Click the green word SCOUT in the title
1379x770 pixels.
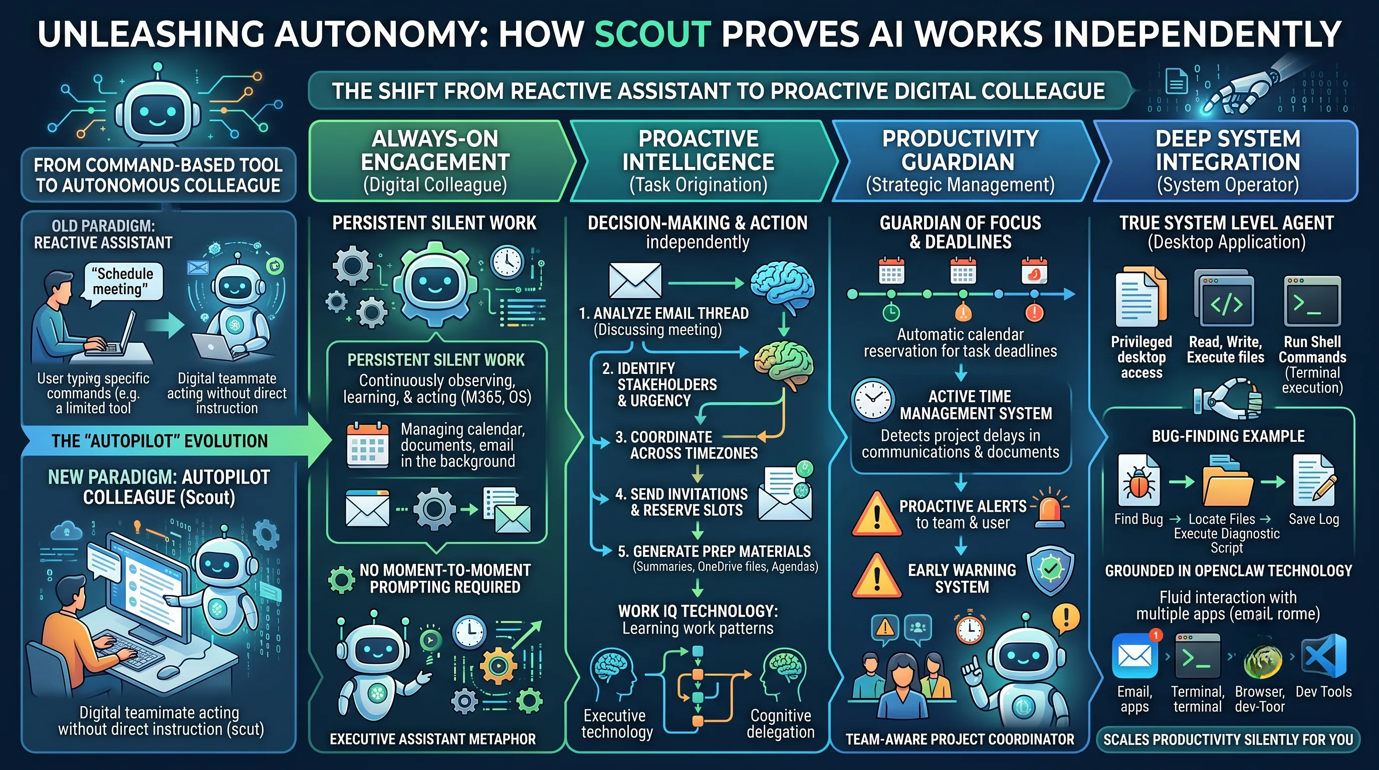click(652, 34)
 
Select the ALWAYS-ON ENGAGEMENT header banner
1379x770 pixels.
click(438, 160)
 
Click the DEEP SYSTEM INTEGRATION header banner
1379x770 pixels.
click(1227, 160)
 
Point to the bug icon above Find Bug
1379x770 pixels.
click(1139, 480)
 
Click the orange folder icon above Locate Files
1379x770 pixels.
click(1227, 481)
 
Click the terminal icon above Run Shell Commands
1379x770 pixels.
click(1312, 301)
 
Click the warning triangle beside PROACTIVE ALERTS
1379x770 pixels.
click(876, 514)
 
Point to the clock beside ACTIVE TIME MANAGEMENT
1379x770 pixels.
click(872, 400)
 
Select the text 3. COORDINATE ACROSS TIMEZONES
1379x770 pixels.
click(687, 445)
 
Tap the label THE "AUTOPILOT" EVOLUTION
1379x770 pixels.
click(159, 441)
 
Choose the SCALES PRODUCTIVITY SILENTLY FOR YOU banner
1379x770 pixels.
click(1228, 739)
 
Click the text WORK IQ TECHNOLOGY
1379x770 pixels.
click(698, 611)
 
